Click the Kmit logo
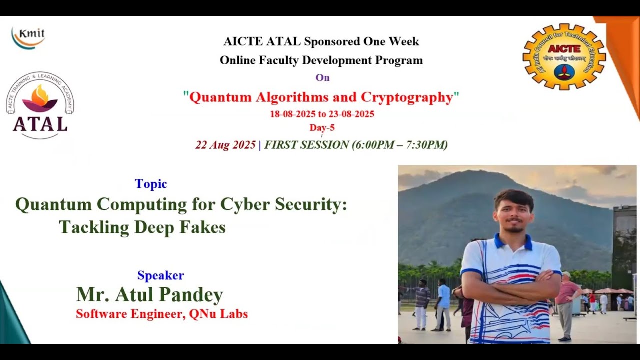pyautogui.click(x=28, y=38)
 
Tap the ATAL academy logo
pyautogui.click(x=40, y=106)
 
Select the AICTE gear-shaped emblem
pyautogui.click(x=564, y=56)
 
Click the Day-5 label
pyautogui.click(x=322, y=128)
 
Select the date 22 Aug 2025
pyautogui.click(x=225, y=145)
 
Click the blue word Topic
pyautogui.click(x=151, y=184)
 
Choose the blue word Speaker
pyautogui.click(x=161, y=275)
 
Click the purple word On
pyautogui.click(x=322, y=77)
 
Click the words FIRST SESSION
pyautogui.click(x=306, y=145)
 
